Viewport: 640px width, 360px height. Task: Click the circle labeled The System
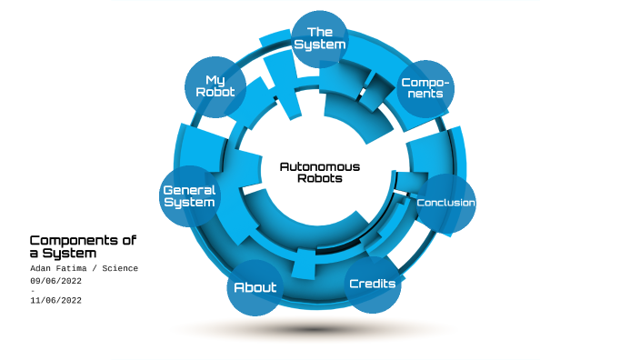pyautogui.click(x=320, y=39)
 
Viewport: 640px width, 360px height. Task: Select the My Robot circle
pyautogui.click(x=215, y=87)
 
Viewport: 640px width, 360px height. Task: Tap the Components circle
pyautogui.click(x=425, y=88)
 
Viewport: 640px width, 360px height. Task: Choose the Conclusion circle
pyautogui.click(x=445, y=202)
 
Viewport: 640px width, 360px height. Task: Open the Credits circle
pyautogui.click(x=373, y=285)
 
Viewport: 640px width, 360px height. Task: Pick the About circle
pyautogui.click(x=255, y=288)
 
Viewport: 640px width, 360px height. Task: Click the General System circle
pyautogui.click(x=189, y=196)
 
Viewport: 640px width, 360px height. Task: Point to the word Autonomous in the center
pyautogui.click(x=320, y=166)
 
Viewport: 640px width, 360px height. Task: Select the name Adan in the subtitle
pyautogui.click(x=44, y=269)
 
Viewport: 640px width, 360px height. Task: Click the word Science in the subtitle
pyautogui.click(x=119, y=269)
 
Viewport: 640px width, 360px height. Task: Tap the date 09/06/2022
pyautogui.click(x=55, y=281)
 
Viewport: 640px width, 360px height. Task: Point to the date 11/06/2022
pyautogui.click(x=55, y=301)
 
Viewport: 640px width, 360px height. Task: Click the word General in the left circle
pyautogui.click(x=189, y=190)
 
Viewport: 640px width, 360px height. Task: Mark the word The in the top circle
pyautogui.click(x=320, y=33)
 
